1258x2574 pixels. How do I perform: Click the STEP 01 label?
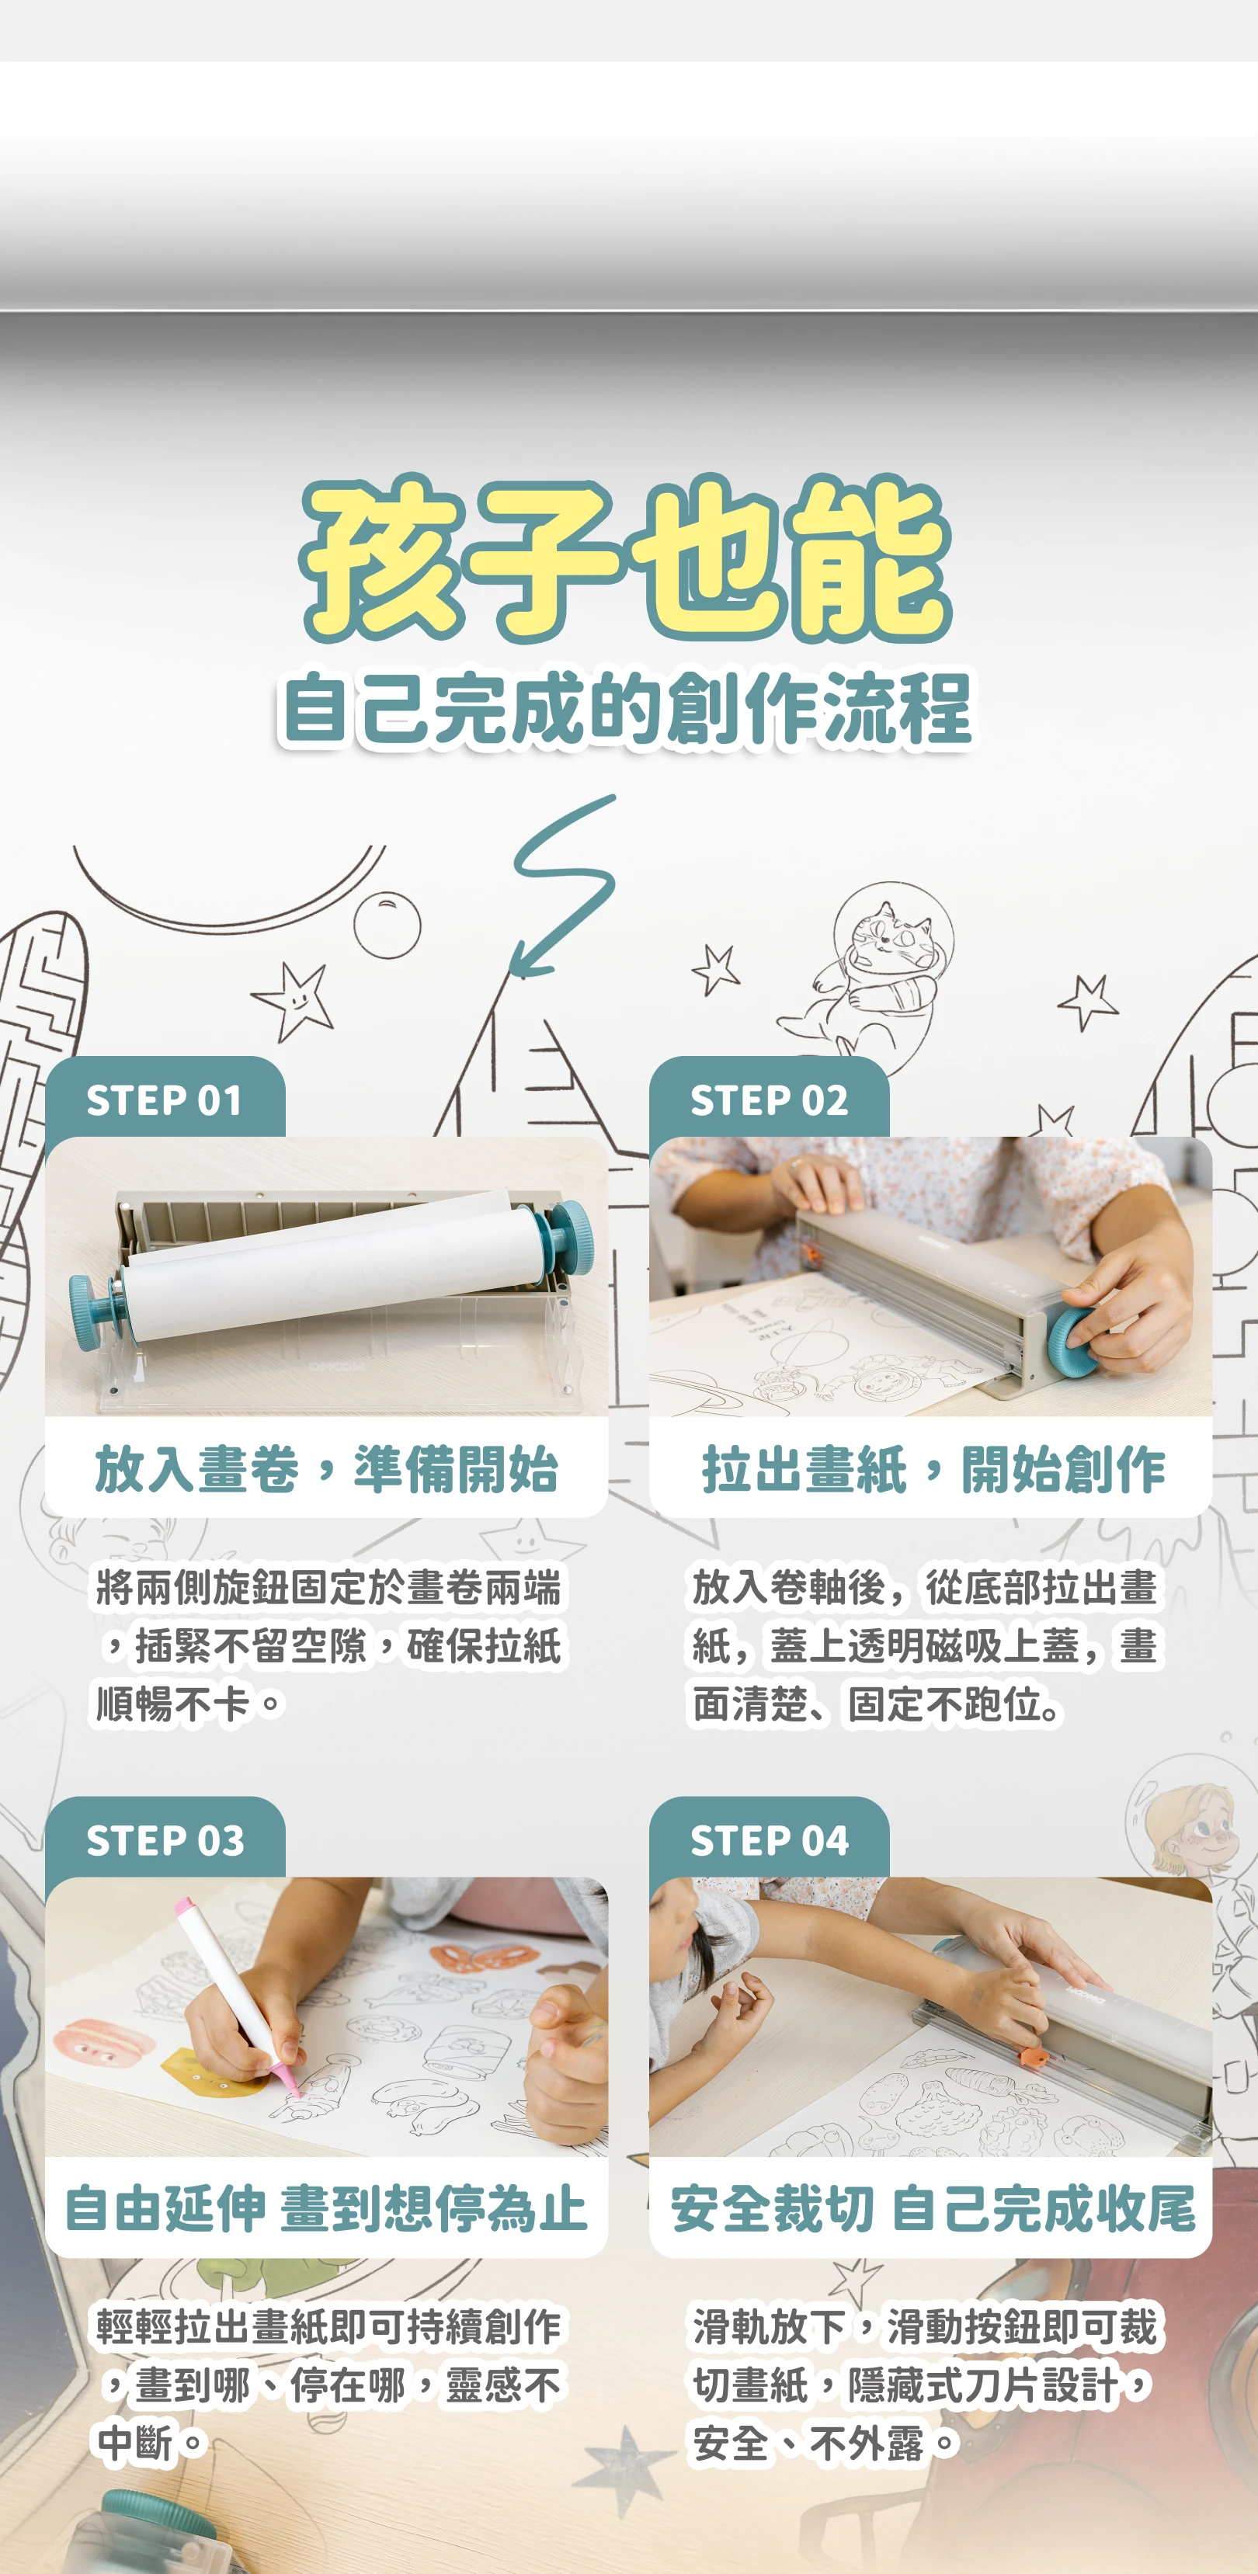point(165,1100)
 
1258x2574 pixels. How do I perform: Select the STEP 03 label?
point(165,1840)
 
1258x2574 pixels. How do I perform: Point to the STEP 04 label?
point(770,1840)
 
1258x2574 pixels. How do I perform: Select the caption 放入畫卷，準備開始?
point(327,1469)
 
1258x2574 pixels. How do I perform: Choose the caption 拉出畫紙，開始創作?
point(933,1469)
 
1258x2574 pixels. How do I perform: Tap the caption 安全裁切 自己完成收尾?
point(933,2208)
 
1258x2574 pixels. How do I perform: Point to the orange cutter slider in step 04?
point(1031,2055)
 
